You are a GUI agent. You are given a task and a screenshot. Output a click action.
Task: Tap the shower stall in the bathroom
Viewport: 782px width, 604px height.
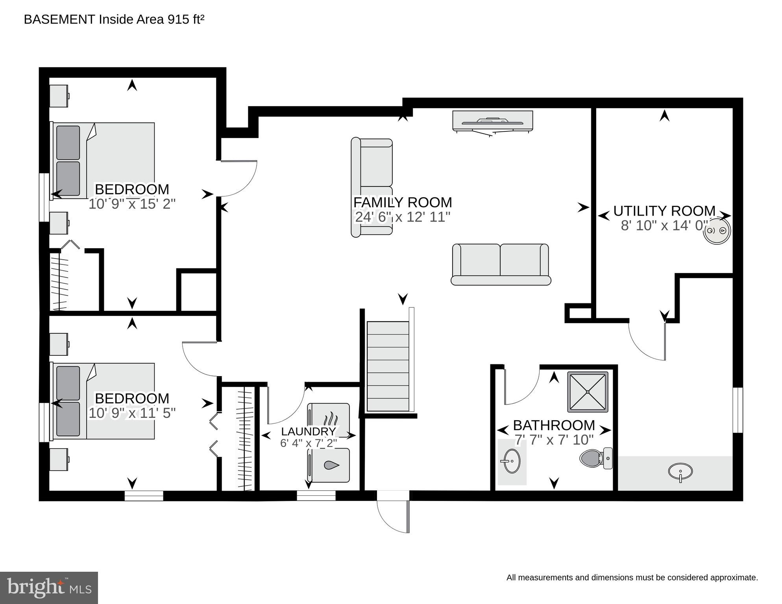click(588, 392)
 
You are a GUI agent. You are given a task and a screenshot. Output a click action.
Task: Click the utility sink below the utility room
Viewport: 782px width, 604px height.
click(680, 472)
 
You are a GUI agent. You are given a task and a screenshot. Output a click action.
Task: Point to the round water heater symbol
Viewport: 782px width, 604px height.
click(717, 231)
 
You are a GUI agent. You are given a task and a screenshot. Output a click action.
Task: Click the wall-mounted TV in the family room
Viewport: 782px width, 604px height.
click(492, 123)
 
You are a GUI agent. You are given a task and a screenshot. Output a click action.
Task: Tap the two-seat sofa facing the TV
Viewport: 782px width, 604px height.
click(501, 264)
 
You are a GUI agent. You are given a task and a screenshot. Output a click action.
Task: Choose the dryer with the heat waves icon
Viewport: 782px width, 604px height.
click(328, 420)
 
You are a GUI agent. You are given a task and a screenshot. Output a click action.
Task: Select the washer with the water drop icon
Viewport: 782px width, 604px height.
click(328, 465)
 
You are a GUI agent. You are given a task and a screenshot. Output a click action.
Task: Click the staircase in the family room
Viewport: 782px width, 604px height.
click(388, 366)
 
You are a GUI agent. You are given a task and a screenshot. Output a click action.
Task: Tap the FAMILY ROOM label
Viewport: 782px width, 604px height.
click(403, 202)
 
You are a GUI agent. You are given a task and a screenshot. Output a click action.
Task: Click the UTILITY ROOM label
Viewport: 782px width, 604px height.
click(664, 211)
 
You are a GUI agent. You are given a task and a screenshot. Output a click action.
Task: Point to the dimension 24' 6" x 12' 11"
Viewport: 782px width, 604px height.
click(403, 217)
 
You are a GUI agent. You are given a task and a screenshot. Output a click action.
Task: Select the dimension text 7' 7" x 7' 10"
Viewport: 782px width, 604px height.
click(554, 440)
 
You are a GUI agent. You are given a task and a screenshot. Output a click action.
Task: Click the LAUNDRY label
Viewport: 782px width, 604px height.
click(308, 432)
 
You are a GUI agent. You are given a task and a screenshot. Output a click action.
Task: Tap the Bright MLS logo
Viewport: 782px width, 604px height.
click(49, 588)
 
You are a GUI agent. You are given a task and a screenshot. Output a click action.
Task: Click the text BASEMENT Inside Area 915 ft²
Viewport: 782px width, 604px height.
click(114, 19)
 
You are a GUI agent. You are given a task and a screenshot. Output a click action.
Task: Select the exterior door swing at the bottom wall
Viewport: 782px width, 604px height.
click(393, 512)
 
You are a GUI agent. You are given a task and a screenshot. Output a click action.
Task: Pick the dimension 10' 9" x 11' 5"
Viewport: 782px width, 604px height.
click(132, 413)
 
